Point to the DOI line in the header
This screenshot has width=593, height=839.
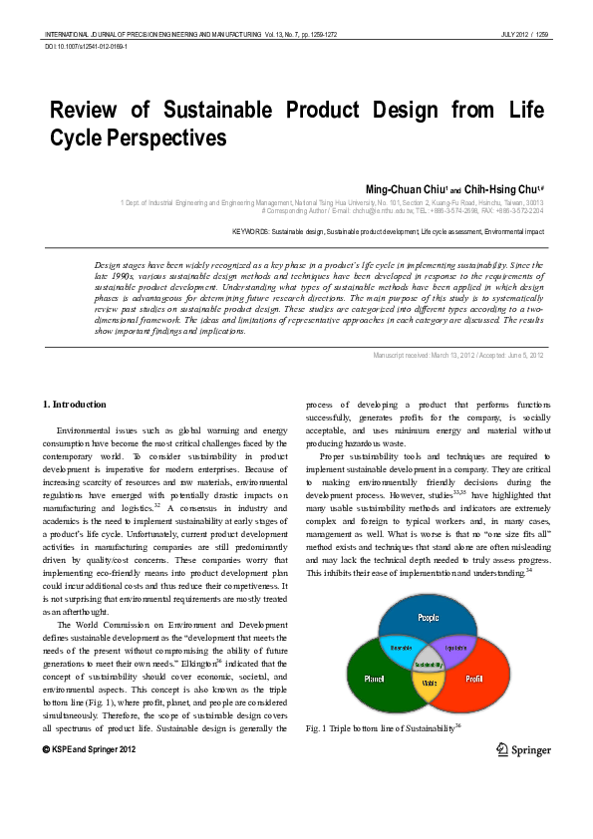[x=87, y=47]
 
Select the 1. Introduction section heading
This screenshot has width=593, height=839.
[x=76, y=404]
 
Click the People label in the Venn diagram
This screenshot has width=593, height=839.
[x=429, y=617]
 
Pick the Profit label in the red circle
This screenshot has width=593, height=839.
[x=474, y=679]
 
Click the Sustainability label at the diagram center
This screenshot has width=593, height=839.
[x=429, y=664]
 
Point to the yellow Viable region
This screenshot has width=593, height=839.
[x=429, y=683]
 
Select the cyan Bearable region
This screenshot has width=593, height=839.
[x=401, y=647]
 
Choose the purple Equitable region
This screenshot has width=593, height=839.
[x=456, y=647]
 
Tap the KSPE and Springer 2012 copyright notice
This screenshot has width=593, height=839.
[x=91, y=747]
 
